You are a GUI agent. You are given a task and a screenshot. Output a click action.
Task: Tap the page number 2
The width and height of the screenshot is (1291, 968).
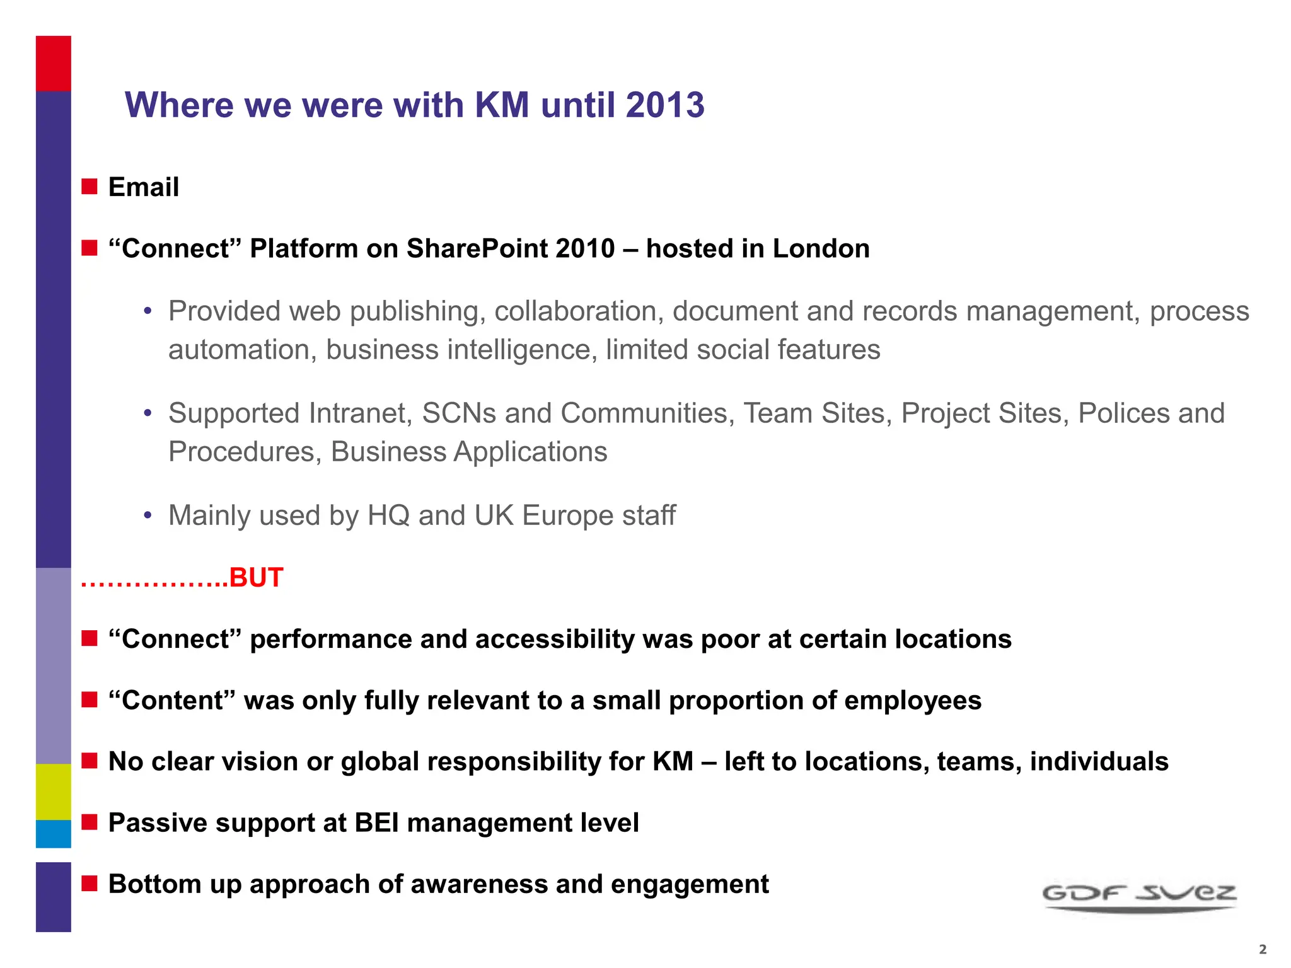point(1262,949)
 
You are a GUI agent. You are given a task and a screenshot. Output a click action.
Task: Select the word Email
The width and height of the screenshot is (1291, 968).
point(144,187)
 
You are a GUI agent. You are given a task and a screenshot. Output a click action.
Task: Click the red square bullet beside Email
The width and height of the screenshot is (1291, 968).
point(90,187)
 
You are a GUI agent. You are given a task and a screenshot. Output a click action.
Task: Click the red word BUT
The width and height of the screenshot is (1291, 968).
point(256,577)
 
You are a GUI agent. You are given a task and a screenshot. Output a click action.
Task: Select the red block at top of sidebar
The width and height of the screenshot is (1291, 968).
point(54,64)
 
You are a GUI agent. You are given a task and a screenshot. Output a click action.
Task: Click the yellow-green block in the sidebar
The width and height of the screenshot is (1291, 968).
point(54,792)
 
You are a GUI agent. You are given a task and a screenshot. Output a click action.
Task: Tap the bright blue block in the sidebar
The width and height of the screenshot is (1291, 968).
point(54,834)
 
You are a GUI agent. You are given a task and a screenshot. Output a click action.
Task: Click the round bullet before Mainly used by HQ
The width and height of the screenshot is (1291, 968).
point(148,516)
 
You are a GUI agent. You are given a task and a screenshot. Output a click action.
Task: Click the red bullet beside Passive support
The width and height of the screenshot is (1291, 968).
point(90,822)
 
